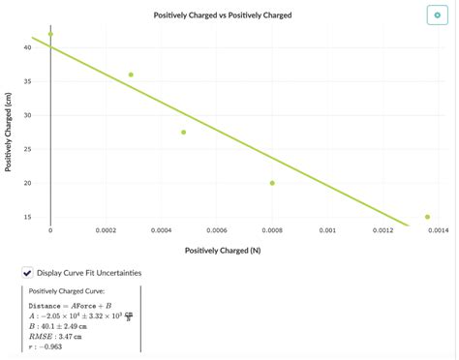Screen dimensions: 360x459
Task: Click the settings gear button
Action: (437, 16)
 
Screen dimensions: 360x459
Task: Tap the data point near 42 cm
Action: (50, 34)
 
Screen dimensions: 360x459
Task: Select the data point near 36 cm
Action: (131, 75)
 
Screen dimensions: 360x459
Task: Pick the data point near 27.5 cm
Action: (183, 132)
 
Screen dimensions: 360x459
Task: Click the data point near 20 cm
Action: (272, 183)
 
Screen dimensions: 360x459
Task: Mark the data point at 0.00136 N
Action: (427, 217)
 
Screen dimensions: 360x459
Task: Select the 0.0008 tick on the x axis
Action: (272, 231)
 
